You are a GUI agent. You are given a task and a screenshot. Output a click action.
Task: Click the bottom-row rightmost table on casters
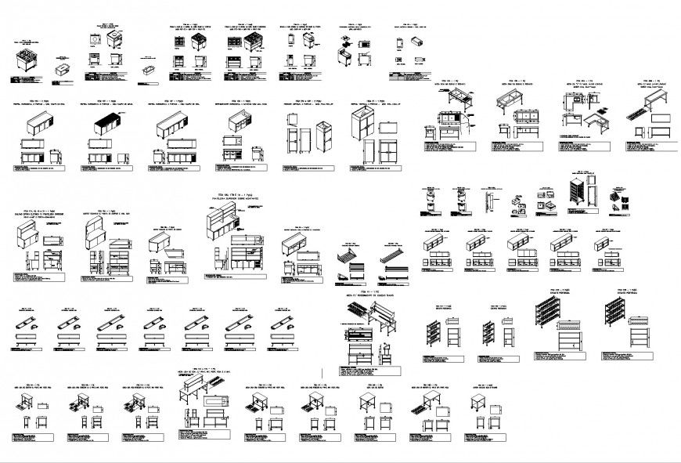pos(480,404)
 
